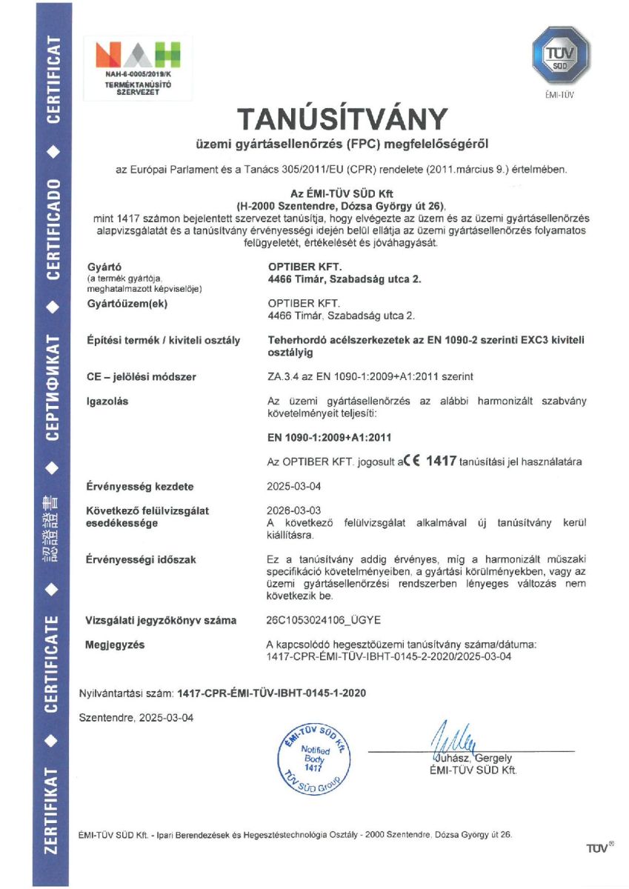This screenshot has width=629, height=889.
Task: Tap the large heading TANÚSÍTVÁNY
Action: [x=342, y=119]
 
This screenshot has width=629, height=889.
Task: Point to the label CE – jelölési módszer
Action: [x=142, y=377]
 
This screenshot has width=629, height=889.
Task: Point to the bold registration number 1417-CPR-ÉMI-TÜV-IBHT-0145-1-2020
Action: [x=272, y=693]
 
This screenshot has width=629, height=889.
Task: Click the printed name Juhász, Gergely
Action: [x=470, y=759]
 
